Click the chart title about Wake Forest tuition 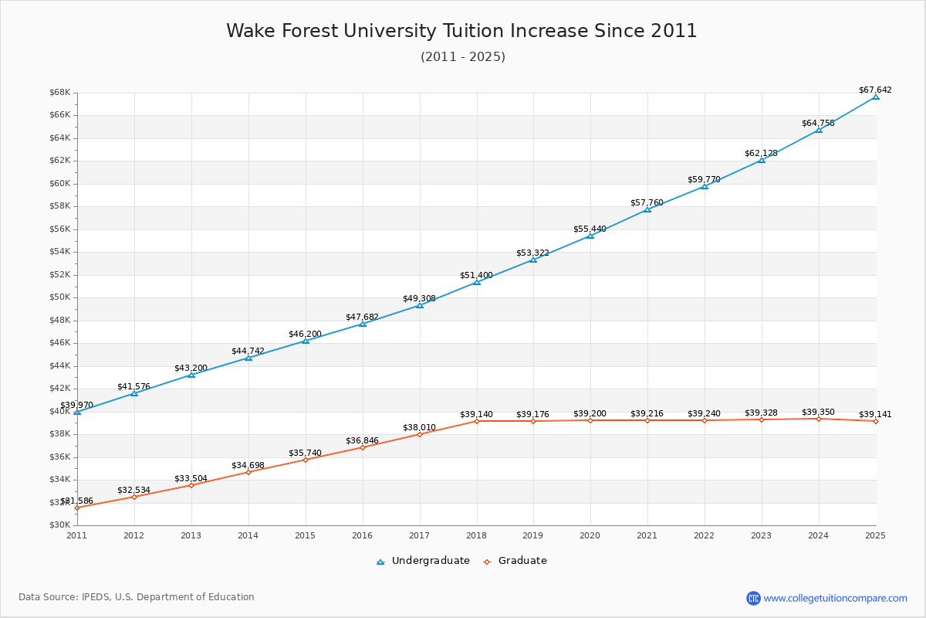[x=461, y=31]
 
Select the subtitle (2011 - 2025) [x=462, y=57]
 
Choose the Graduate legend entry [x=515, y=561]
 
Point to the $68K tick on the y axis [x=60, y=93]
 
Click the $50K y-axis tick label [x=60, y=297]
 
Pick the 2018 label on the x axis [x=476, y=535]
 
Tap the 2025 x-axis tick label [x=875, y=535]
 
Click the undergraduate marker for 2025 [x=876, y=97]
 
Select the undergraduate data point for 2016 [x=363, y=324]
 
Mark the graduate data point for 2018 [x=477, y=421]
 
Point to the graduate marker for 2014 [x=248, y=472]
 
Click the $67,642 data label [x=875, y=90]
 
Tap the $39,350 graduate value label [x=818, y=413]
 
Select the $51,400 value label [x=476, y=276]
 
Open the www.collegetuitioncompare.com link [x=835, y=598]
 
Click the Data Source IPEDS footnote [x=137, y=597]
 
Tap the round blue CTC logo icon [x=753, y=598]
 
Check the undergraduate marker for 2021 [x=647, y=209]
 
